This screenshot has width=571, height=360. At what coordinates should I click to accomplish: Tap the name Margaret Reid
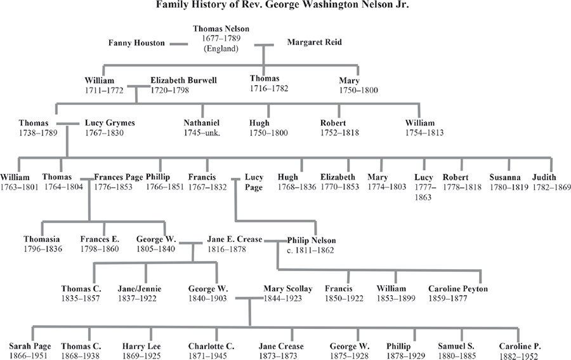click(x=314, y=43)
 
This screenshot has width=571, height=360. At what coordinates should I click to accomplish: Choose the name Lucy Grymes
click(x=110, y=123)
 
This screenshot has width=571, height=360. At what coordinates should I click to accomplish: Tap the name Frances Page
click(x=119, y=177)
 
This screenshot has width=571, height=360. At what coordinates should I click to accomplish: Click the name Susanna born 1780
click(x=504, y=177)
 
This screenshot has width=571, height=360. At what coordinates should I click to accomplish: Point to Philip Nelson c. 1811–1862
click(x=311, y=246)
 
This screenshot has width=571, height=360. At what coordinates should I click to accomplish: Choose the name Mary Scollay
click(x=288, y=288)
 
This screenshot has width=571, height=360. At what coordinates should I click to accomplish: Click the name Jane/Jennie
click(x=140, y=288)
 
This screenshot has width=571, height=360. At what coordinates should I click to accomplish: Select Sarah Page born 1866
click(x=27, y=346)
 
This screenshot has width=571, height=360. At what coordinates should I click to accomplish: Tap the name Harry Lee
click(x=141, y=346)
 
